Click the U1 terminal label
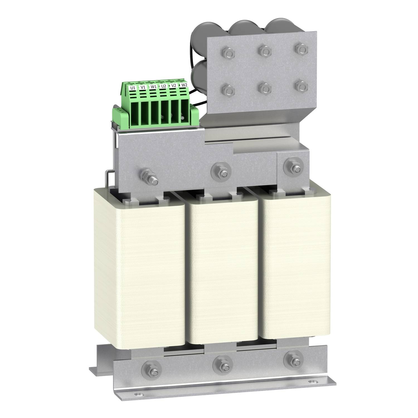coord(133,88)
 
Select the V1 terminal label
coord(143,87)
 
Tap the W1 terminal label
coord(153,87)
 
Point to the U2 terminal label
coord(164,86)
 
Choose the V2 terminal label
coord(174,86)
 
